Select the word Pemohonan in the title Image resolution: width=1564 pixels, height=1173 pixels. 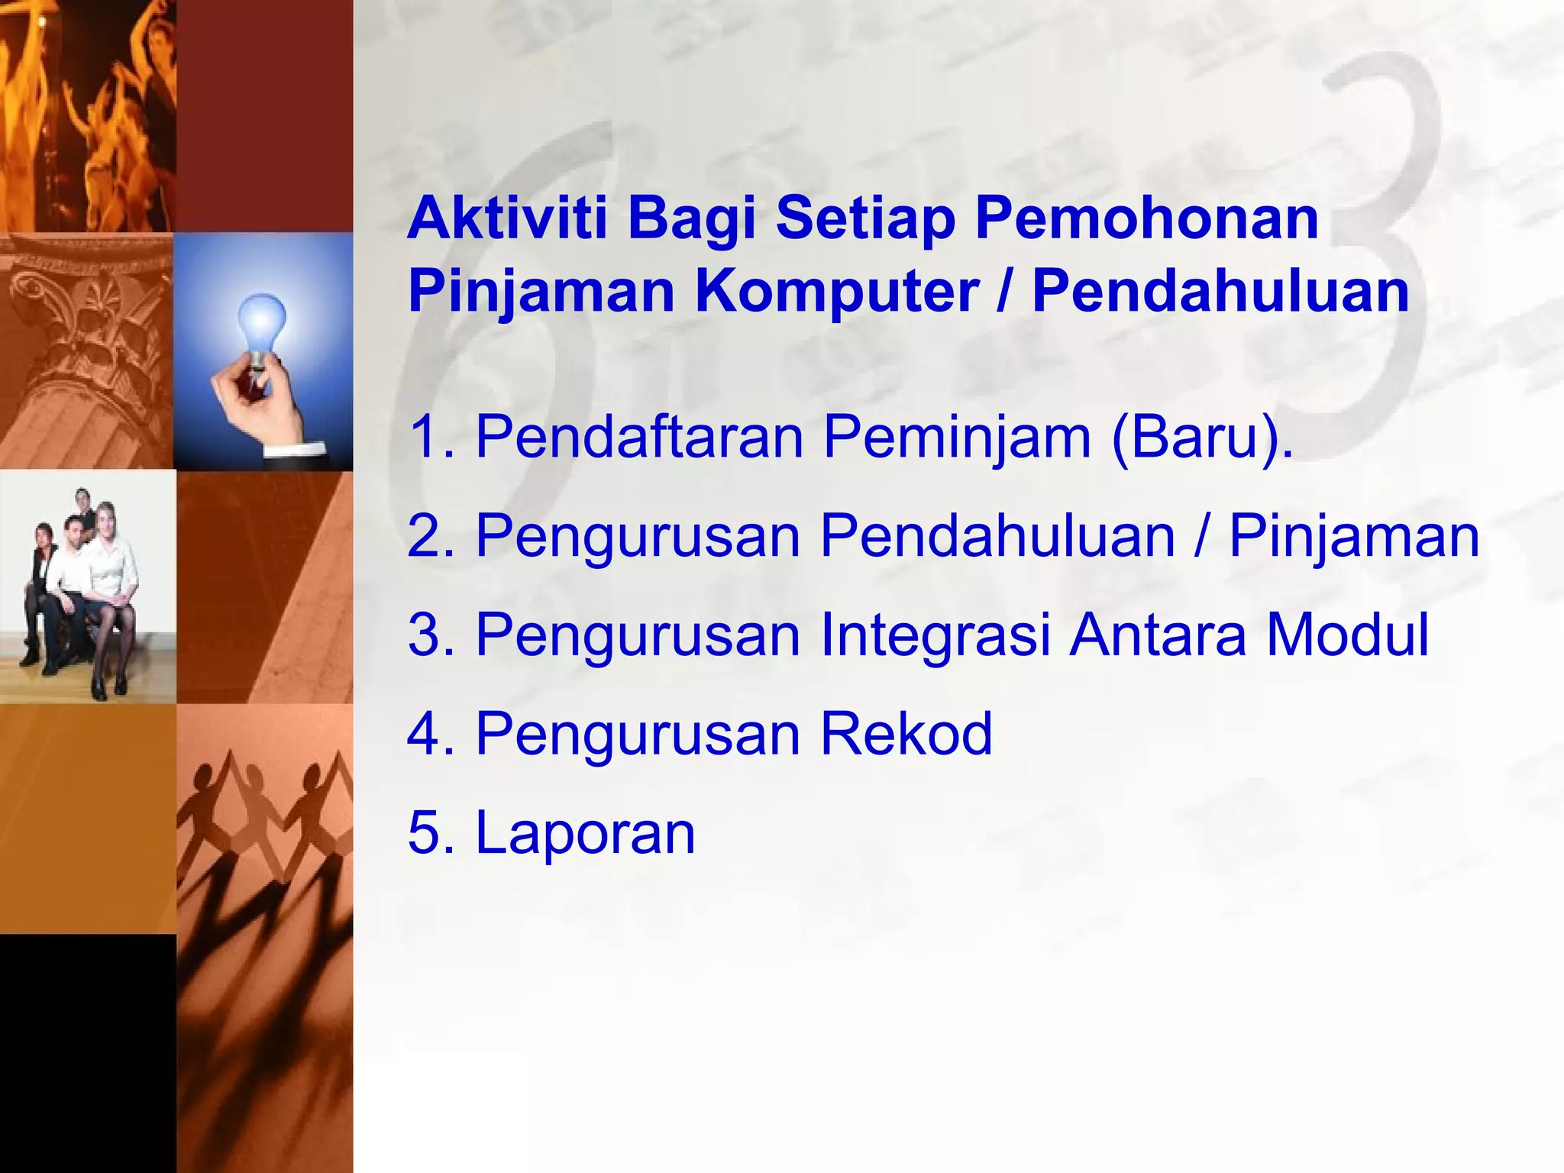coord(1147,218)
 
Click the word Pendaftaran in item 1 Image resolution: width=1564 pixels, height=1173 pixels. coord(639,437)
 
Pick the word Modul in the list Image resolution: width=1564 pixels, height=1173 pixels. coord(1347,635)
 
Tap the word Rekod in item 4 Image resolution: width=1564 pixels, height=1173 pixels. coord(906,733)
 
